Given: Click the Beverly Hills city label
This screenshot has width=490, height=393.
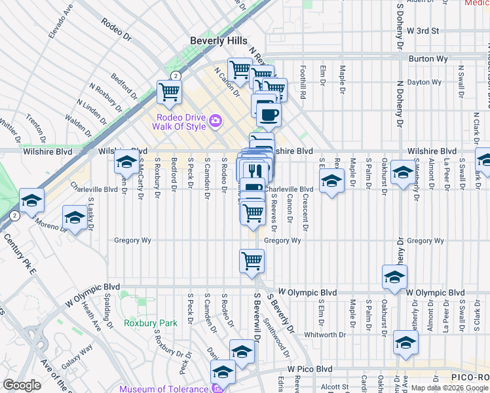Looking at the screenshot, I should [218, 41].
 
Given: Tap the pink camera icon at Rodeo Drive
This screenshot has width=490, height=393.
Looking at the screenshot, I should [215, 121].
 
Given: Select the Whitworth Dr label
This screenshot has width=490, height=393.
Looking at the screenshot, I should [325, 335].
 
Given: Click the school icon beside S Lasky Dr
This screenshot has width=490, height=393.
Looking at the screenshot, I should [74, 217].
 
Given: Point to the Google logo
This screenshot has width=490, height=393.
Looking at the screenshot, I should [22, 386].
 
